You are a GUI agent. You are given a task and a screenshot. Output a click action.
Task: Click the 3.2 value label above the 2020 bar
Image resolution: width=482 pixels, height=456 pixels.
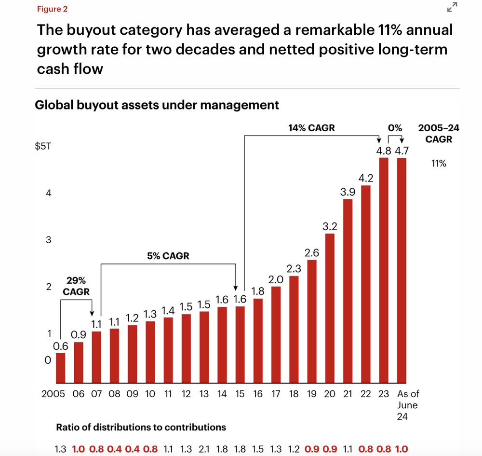[x=330, y=226]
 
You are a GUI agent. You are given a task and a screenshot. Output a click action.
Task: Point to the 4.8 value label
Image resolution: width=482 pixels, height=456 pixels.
[x=384, y=150]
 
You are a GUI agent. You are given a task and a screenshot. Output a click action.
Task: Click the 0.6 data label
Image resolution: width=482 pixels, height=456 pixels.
[x=60, y=345]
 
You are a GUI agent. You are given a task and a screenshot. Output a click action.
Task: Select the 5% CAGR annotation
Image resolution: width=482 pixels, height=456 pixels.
[x=168, y=256]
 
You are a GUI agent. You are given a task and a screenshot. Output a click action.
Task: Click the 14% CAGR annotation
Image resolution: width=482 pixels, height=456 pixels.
[x=311, y=128]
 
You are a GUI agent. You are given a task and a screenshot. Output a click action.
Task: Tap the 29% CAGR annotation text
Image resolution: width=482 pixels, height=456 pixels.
[x=76, y=286]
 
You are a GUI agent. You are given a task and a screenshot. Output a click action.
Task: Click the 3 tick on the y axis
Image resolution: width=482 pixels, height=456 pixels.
[x=48, y=240]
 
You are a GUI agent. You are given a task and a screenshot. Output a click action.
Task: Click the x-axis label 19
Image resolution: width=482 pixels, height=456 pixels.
[x=312, y=394]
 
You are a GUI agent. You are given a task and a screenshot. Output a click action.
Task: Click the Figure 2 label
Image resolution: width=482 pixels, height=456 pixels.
[x=52, y=9]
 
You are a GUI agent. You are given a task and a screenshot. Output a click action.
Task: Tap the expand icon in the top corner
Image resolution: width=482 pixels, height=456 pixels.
[x=452, y=7]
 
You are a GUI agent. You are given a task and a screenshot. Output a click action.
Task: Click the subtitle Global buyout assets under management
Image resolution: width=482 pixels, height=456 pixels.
[x=157, y=105]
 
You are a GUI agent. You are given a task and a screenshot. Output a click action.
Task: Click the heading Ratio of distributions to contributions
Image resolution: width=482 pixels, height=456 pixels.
[x=141, y=427]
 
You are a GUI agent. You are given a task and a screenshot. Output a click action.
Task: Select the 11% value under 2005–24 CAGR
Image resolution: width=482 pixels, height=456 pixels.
[x=439, y=164]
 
